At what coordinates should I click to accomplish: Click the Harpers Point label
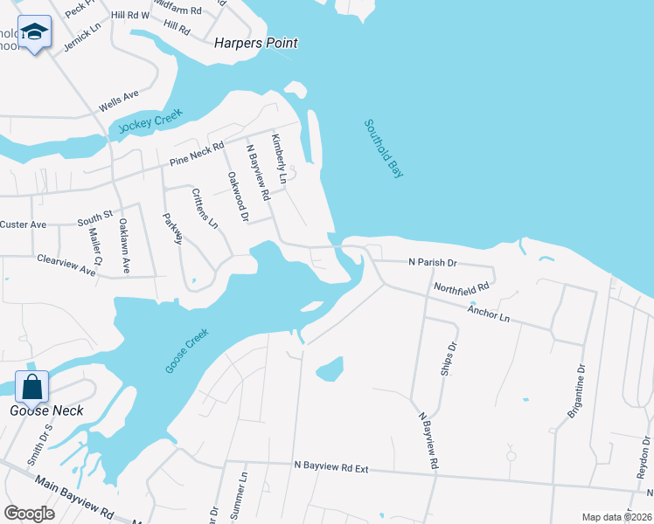[x=255, y=43]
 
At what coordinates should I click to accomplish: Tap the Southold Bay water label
[x=384, y=148]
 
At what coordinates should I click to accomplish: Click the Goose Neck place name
[x=46, y=410]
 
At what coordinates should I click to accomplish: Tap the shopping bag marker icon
[x=31, y=384]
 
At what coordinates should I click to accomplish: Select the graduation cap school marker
[x=35, y=33]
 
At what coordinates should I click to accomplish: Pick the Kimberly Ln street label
[x=279, y=158]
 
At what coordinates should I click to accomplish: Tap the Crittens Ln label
[x=205, y=208]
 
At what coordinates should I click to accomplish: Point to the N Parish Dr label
[x=433, y=262]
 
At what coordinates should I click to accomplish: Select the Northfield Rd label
[x=461, y=286]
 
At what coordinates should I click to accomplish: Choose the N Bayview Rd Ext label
[x=331, y=468]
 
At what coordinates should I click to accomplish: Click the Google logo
[x=29, y=514]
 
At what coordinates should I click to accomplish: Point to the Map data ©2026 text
[x=616, y=517]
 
